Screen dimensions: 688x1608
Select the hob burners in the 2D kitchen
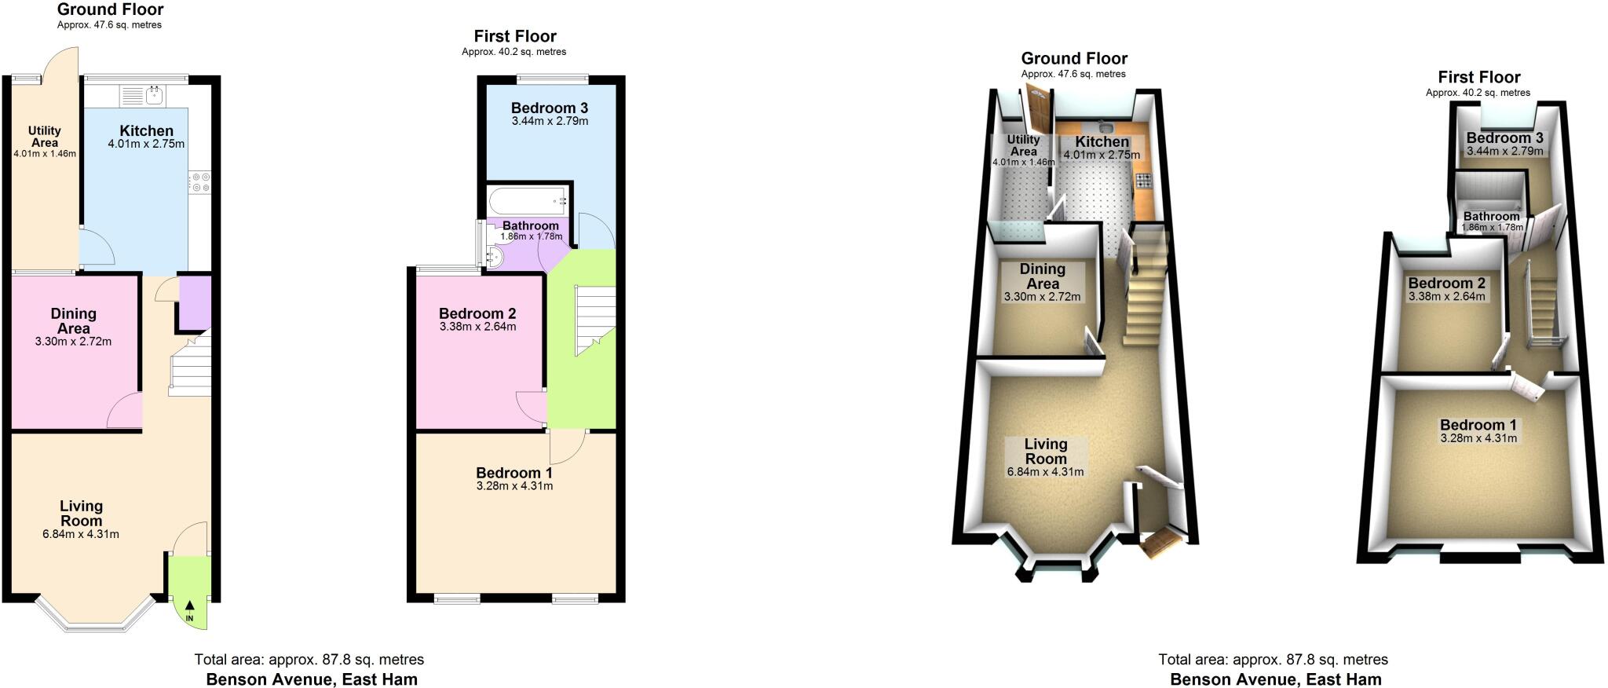click(x=200, y=182)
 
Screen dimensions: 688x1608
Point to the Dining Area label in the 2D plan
click(x=73, y=321)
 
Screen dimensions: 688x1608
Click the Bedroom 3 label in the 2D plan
click(x=549, y=108)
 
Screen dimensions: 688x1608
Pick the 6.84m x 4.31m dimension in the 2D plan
click(x=81, y=535)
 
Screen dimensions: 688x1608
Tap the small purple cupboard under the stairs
click(x=195, y=301)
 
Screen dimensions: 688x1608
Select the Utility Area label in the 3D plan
click(x=1023, y=145)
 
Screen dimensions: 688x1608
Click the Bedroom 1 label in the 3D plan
click(x=1478, y=426)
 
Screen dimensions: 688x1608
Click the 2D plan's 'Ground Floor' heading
click(x=110, y=10)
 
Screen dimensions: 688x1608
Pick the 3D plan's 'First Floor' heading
click(x=1478, y=77)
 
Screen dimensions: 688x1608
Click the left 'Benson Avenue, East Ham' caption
click(x=312, y=679)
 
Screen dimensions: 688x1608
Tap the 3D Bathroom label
click(x=1491, y=217)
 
